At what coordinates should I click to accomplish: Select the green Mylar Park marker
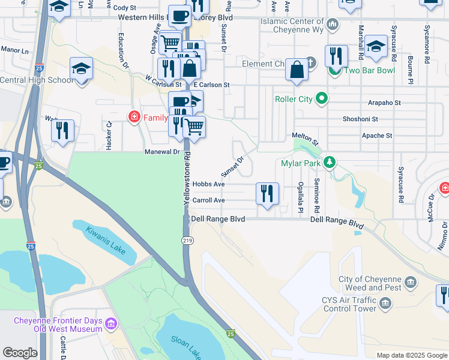point(329,163)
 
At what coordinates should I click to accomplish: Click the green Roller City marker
point(322,98)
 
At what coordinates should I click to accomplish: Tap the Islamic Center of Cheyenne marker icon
point(334,24)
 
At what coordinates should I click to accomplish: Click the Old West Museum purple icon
point(110,325)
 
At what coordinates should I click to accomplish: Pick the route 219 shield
point(187,240)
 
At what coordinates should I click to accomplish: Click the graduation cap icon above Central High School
point(80,68)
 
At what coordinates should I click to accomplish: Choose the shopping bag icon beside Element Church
point(297,70)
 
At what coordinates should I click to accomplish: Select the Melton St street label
point(304,136)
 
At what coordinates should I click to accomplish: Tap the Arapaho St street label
point(384,103)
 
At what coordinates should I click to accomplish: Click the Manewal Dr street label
point(162,152)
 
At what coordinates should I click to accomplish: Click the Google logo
point(20,353)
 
